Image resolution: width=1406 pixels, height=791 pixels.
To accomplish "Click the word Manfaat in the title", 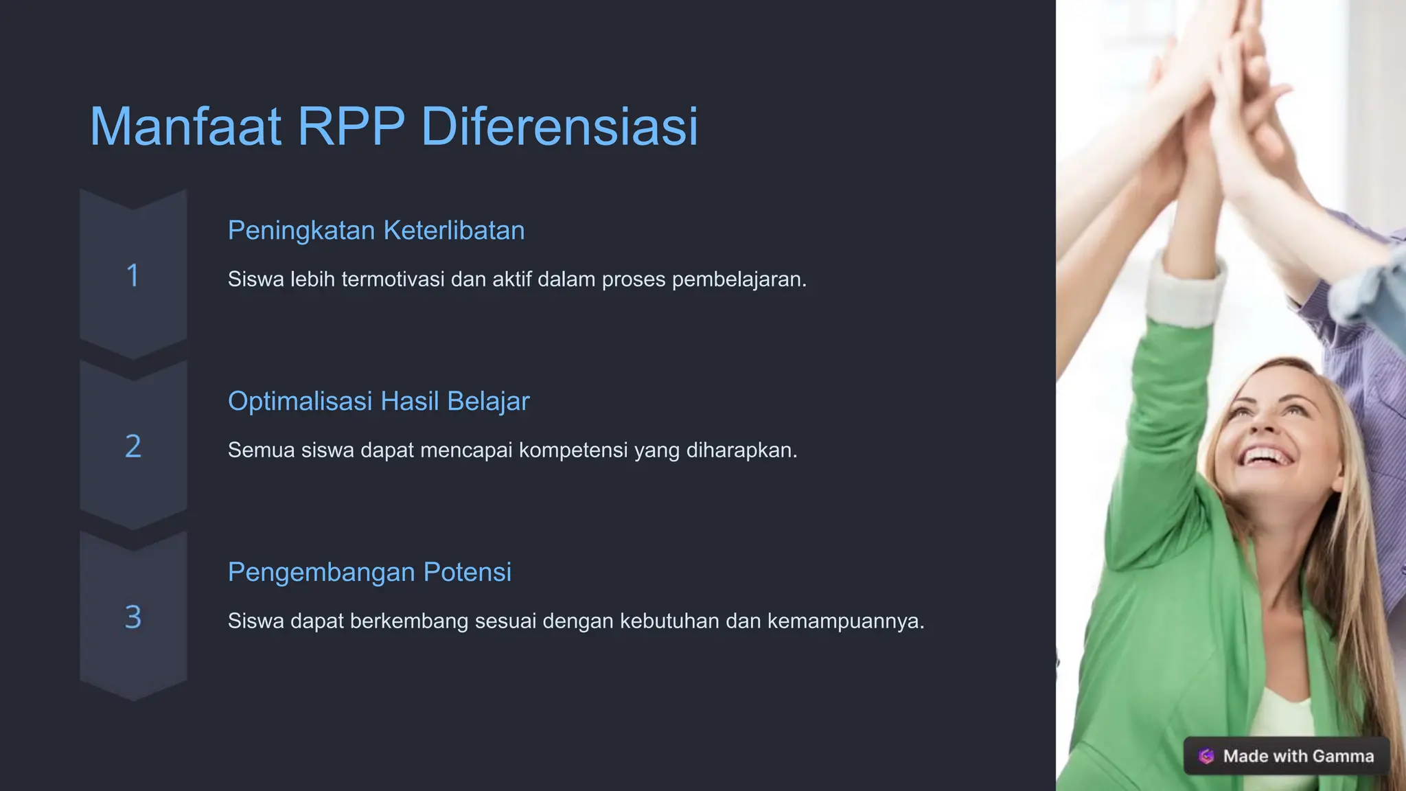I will [185, 127].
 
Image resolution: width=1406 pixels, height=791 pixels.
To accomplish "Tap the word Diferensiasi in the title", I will [560, 127].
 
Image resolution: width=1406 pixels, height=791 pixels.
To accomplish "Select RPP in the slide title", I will [351, 127].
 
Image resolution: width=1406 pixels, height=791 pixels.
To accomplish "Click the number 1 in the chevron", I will [133, 275].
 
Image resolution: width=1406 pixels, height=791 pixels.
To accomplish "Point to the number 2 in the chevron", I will [133, 446].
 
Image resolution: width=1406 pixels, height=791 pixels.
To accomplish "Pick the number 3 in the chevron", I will [133, 617].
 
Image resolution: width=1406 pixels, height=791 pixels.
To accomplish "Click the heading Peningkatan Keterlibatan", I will [376, 231].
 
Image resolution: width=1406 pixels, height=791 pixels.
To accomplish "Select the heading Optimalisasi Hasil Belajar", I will [378, 401].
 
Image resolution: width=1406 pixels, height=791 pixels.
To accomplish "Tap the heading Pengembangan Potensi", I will [369, 572].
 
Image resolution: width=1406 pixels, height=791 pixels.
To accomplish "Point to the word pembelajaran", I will [739, 279].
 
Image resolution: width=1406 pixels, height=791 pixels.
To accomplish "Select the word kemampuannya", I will [846, 621].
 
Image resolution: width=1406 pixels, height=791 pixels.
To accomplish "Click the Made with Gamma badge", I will [1287, 756].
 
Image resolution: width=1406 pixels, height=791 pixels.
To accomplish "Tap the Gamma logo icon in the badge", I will [1206, 756].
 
